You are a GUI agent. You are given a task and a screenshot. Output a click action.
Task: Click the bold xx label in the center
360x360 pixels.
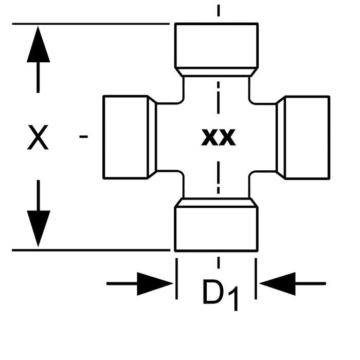(219, 137)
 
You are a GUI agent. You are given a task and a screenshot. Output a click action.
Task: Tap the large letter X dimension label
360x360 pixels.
(38, 138)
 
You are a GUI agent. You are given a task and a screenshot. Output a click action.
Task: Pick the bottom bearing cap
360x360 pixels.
(216, 229)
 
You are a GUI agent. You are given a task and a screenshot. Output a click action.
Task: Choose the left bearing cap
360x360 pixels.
(126, 137)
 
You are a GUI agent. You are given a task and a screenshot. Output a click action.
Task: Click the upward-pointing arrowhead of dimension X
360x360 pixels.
(38, 46)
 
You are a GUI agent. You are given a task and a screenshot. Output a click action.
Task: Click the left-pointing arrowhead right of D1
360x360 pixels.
(278, 283)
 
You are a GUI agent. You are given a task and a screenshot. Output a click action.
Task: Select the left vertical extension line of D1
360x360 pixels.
(176, 278)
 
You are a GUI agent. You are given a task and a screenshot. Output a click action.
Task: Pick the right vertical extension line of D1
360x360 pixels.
(256, 278)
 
